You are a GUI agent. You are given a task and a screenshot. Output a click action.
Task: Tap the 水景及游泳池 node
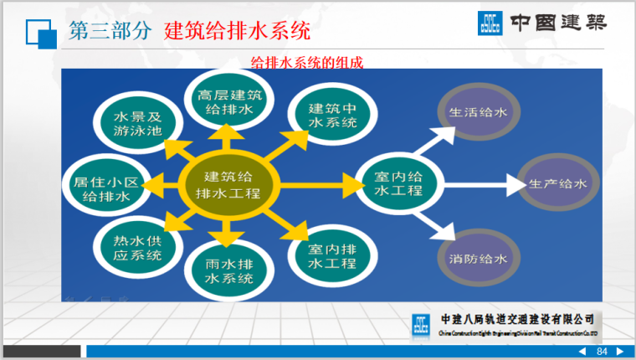click(x=136, y=124)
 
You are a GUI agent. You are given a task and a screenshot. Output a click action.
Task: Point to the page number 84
click(x=601, y=352)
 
